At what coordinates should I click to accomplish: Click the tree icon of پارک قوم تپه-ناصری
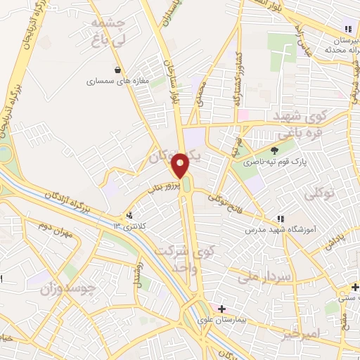pos(274,149)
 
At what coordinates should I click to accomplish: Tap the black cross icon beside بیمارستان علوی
pos(221,309)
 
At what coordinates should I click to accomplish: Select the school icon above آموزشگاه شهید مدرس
pos(281,219)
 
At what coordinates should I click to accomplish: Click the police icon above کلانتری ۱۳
pos(129,215)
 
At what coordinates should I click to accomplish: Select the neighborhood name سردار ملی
pos(264,277)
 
